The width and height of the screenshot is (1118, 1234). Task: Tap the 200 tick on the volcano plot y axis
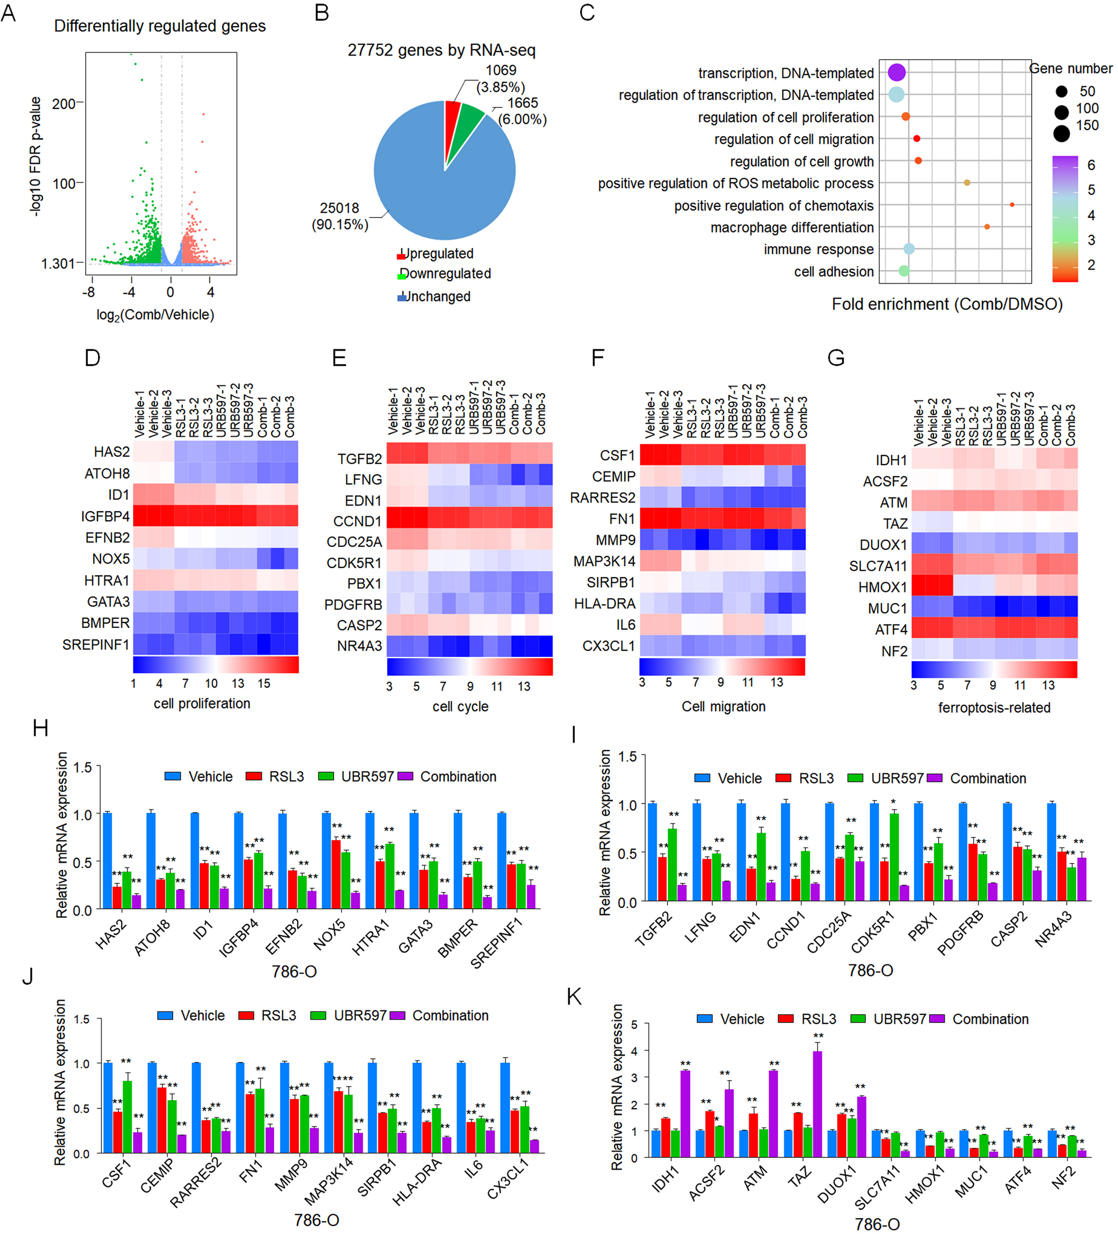pos(64,103)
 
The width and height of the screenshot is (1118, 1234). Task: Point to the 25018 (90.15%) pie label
pos(340,216)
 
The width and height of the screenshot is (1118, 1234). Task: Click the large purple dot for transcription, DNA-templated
pos(896,72)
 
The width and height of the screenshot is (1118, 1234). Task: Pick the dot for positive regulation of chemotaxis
pos(1011,204)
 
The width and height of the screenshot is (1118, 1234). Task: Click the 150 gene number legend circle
pos(1062,132)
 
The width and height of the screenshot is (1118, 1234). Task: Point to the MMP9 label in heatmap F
pos(615,540)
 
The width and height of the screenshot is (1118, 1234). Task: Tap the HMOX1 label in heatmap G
pos(882,587)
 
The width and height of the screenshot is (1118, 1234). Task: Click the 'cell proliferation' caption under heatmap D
pos(202,704)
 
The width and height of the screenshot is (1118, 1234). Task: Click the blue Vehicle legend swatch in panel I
pos(701,778)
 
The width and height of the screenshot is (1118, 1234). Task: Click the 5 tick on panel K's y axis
pos(634,1024)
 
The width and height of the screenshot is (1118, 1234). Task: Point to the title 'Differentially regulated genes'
pos(160,26)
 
